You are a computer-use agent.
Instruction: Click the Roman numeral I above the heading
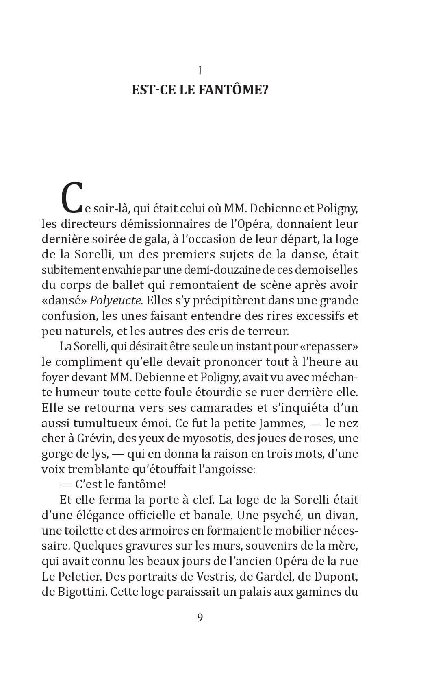coord(200,71)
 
